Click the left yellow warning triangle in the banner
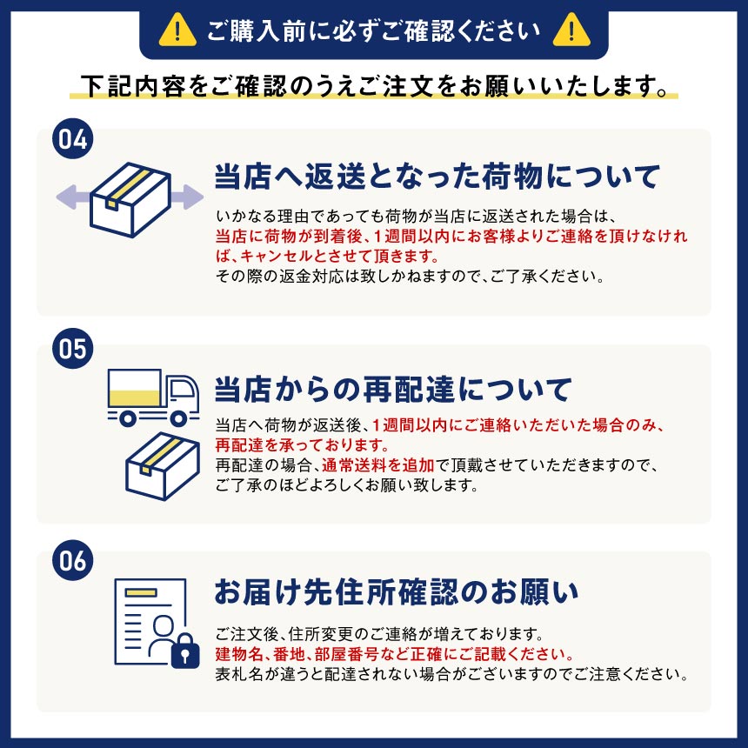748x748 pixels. coord(177,30)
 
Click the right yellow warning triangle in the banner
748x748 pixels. coord(571,30)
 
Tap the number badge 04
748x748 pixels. coord(72,139)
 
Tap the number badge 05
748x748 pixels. coord(72,348)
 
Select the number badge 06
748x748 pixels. coord(72,560)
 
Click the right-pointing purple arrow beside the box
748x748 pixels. coord(187,197)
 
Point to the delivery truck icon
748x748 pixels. coord(153,397)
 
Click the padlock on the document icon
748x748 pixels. coord(185,651)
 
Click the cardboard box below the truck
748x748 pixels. coord(162,466)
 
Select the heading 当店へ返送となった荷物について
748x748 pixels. coord(437,176)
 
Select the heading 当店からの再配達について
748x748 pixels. coord(393,389)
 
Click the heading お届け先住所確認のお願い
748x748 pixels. coord(397,591)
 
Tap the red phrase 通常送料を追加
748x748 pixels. coord(377,464)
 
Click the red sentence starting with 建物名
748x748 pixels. coord(395,654)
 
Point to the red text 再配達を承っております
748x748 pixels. coord(303,444)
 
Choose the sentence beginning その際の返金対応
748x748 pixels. coord(411,276)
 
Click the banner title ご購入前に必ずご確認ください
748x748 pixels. coord(374,31)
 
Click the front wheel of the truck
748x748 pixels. coord(178,418)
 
